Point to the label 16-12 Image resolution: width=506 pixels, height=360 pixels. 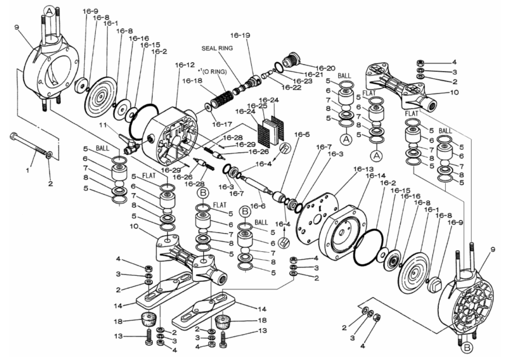(185, 65)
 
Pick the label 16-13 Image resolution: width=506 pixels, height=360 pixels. (347, 170)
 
